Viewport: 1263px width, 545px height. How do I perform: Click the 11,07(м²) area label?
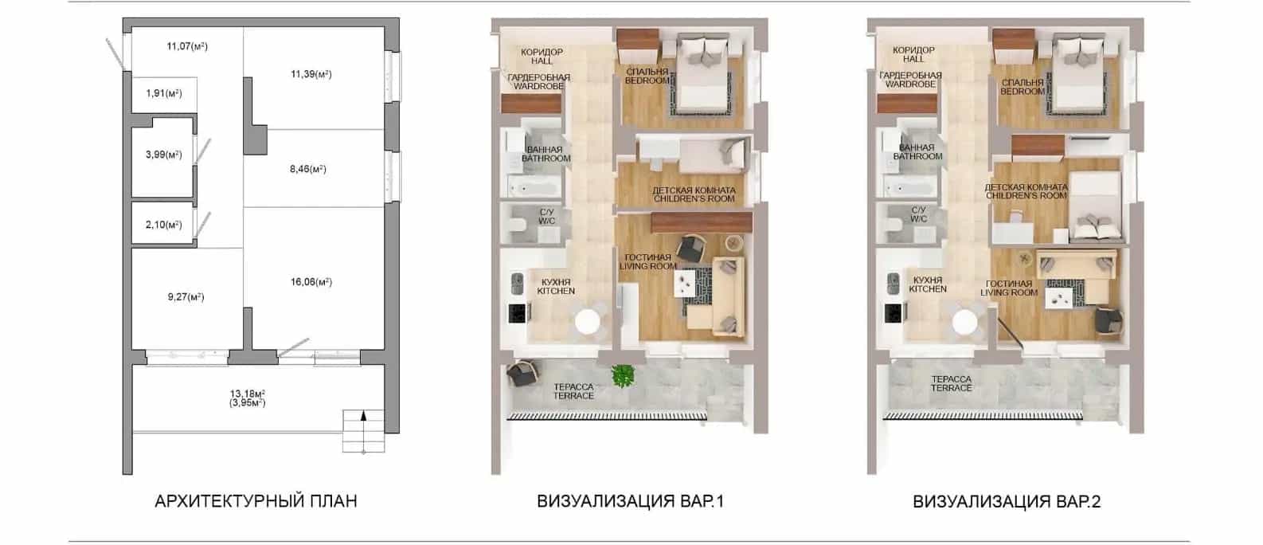(x=187, y=46)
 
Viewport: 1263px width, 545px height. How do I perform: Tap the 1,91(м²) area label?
(x=164, y=93)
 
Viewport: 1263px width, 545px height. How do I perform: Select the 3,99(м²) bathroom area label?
(x=163, y=154)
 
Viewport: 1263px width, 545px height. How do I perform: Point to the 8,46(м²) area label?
(x=308, y=169)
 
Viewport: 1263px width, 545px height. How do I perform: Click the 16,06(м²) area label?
(x=311, y=281)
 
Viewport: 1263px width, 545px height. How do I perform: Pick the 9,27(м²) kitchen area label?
(x=186, y=296)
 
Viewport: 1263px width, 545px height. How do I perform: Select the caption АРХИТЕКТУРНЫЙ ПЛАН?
(x=256, y=501)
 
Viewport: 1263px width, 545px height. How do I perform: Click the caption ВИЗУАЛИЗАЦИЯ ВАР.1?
(x=630, y=501)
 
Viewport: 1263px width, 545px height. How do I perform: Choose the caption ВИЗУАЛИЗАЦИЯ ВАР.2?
(x=1007, y=501)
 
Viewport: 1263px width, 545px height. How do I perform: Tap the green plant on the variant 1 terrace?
(x=623, y=376)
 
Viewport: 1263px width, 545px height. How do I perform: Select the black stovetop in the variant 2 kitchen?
(x=894, y=313)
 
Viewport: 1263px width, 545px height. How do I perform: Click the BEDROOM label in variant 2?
(x=1023, y=92)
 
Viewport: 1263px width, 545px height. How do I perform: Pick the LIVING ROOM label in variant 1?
(x=648, y=266)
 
